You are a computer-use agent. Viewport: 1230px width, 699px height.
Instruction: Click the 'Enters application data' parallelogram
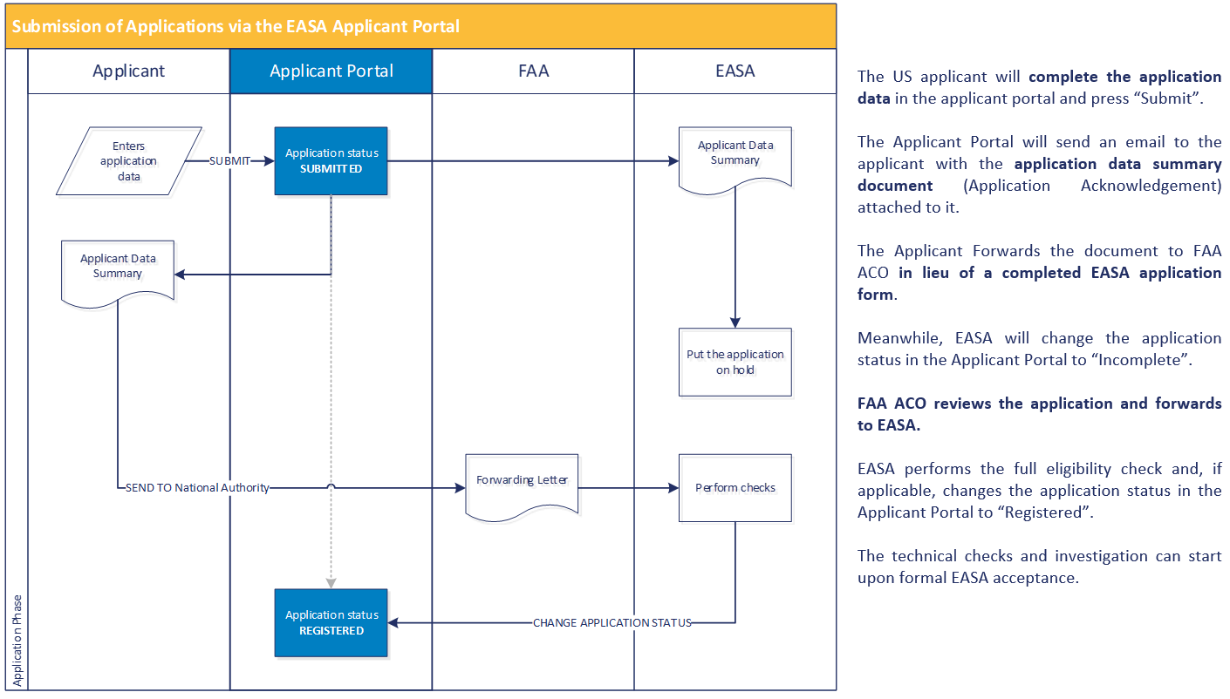point(128,161)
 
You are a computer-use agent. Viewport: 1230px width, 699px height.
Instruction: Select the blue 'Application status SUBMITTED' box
point(331,161)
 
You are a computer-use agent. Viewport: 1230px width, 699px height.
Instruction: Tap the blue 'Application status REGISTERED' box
point(331,622)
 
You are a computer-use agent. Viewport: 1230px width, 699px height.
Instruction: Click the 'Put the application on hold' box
point(735,362)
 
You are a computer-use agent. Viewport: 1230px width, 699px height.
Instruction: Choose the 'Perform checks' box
point(735,487)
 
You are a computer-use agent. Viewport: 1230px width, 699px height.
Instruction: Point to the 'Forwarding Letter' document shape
point(522,485)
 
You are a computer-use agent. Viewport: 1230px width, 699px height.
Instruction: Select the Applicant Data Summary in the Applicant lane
point(118,268)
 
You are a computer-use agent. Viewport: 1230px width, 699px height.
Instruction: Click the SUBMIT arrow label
point(230,161)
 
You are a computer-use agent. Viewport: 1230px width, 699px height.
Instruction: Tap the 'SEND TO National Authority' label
point(197,488)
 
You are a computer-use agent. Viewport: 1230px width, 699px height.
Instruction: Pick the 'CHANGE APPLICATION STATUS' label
point(612,623)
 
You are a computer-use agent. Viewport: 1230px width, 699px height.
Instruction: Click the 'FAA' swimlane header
point(533,71)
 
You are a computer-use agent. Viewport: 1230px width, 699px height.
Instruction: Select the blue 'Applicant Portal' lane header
point(331,71)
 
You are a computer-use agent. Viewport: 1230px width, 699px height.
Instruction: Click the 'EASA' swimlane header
point(735,71)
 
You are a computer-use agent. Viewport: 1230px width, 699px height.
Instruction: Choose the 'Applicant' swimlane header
point(128,71)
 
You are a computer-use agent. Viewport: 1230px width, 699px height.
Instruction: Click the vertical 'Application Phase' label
point(17,641)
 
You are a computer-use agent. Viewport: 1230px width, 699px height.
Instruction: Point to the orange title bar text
point(236,26)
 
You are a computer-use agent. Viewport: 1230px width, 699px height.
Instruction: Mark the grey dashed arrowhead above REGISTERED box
point(331,582)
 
